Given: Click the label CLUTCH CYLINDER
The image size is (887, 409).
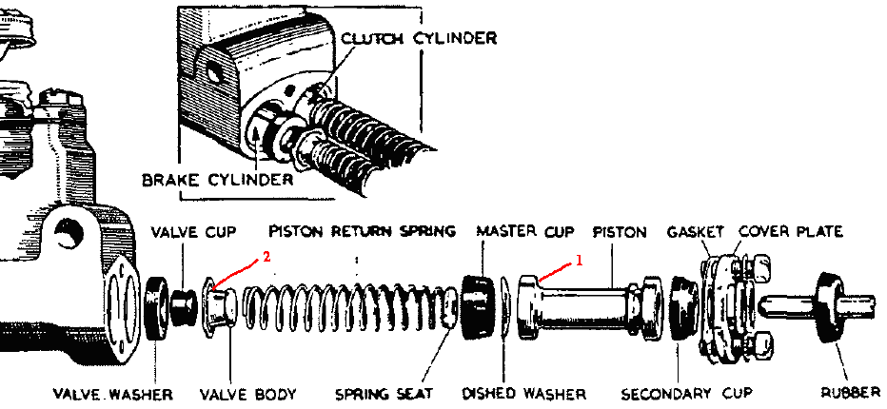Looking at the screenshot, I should point(420,38).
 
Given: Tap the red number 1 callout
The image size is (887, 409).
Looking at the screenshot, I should point(576,258).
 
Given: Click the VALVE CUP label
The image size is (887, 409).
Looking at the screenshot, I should point(193,231).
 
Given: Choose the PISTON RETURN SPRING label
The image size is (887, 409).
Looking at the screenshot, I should point(363,231).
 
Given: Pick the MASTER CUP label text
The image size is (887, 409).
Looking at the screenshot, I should point(525,231).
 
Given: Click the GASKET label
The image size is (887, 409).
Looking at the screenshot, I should point(696,231).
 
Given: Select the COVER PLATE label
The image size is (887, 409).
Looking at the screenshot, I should point(790,231).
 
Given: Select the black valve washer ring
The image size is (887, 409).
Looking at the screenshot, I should point(156,307).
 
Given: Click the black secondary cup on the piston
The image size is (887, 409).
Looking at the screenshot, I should point(681,307).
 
